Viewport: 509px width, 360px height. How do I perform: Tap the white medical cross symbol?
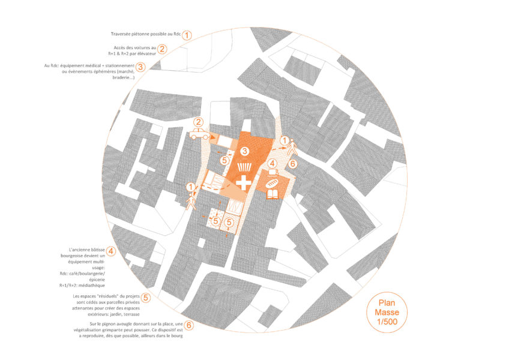click(x=244, y=183)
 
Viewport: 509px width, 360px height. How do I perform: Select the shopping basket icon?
click(x=244, y=167)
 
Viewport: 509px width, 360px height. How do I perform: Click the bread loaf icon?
click(x=273, y=183)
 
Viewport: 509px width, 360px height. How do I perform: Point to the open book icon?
click(x=273, y=194)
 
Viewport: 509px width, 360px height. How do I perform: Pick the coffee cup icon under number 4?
click(x=273, y=172)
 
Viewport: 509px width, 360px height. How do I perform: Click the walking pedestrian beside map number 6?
click(x=292, y=148)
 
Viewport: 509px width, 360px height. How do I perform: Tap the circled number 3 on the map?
click(x=245, y=151)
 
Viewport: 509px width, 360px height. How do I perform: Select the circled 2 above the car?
click(x=198, y=122)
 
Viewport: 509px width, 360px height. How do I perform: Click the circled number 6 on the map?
click(x=293, y=164)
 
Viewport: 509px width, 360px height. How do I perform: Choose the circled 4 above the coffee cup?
click(x=273, y=163)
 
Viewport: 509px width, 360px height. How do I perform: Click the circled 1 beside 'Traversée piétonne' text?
click(x=187, y=35)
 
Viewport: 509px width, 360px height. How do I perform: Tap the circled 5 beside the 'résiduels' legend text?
click(x=146, y=298)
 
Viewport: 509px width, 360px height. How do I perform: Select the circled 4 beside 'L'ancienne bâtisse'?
click(x=110, y=251)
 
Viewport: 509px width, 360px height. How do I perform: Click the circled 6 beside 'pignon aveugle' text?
click(x=188, y=325)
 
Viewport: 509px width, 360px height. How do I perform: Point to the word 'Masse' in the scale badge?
click(x=387, y=312)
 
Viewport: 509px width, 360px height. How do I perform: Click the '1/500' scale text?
click(x=387, y=322)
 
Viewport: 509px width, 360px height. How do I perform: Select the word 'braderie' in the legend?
click(x=122, y=77)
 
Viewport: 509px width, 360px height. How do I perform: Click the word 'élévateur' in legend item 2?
click(x=148, y=53)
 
